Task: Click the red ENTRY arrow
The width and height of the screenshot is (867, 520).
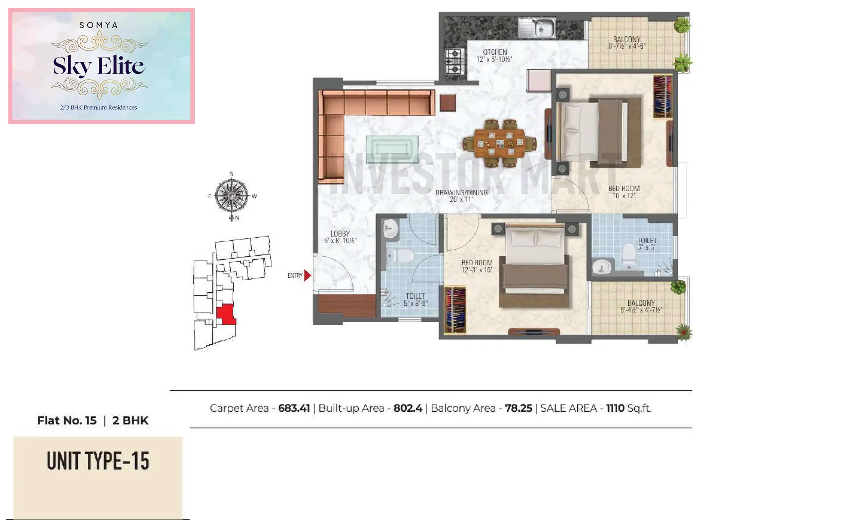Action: point(307,275)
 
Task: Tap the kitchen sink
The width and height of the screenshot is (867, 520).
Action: point(537,28)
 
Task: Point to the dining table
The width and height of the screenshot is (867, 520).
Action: point(500,143)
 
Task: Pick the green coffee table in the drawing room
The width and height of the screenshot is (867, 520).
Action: point(392,149)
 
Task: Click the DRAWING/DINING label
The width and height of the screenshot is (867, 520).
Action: point(461,196)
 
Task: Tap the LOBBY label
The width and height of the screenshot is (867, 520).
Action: point(340,237)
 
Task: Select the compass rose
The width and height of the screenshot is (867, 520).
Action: point(232,196)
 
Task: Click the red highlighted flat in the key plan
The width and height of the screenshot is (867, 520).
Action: point(226,314)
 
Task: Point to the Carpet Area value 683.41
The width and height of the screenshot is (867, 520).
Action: point(294,408)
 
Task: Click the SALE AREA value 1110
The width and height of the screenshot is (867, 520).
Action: point(615,408)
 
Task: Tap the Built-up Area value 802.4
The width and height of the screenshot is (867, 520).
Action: point(408,408)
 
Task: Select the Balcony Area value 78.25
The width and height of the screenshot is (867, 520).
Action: point(518,408)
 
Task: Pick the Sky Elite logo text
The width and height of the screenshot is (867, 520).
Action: point(99,66)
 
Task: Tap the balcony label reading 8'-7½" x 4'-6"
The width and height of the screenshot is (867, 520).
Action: point(627,43)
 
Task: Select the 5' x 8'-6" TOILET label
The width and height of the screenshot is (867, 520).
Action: point(415,300)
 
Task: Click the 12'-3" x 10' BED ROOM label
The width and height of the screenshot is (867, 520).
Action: point(477,266)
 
